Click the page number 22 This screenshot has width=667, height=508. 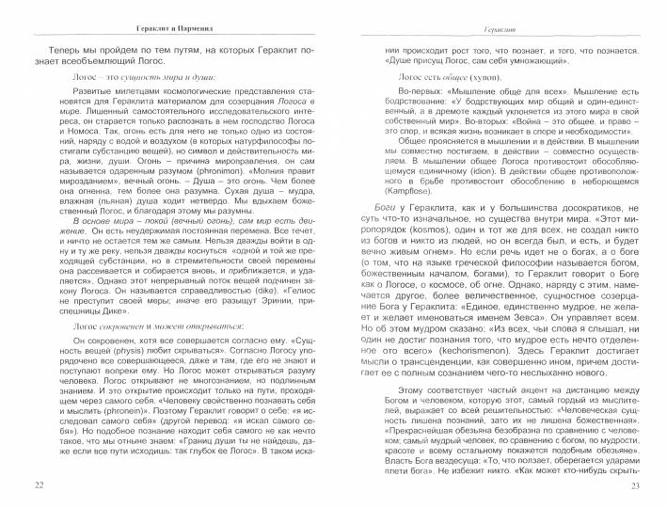click(38, 485)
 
